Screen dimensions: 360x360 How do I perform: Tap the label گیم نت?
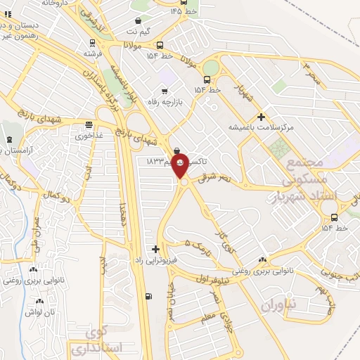tap(137, 32)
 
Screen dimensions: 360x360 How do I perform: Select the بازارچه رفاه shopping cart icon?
tap(165, 91)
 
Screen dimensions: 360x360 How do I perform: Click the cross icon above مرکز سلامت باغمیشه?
tap(262, 116)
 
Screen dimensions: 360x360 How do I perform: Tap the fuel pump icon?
tap(146, 296)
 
